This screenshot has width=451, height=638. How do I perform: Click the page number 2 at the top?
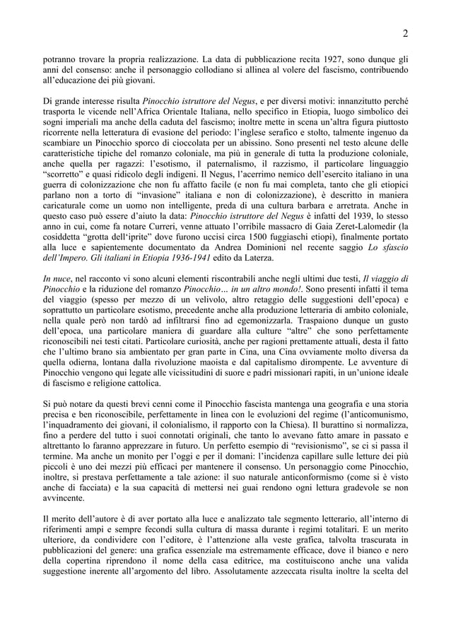point(406,33)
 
